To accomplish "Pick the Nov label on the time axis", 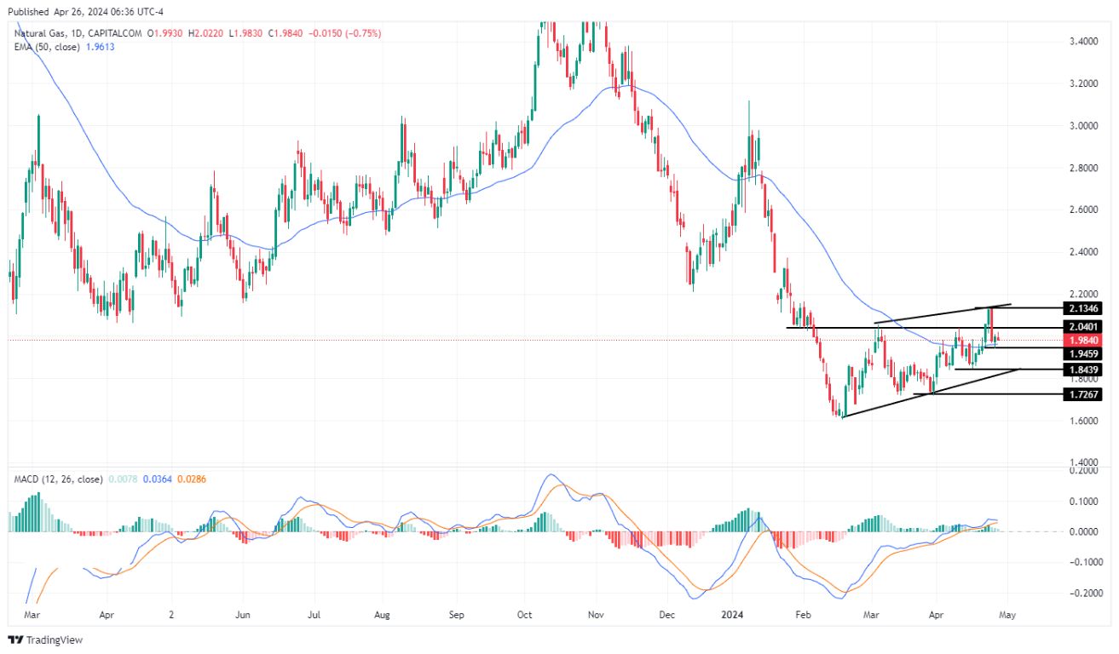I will tap(596, 613).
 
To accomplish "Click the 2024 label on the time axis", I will tap(733, 613).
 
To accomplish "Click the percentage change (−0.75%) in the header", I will tap(363, 33).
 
